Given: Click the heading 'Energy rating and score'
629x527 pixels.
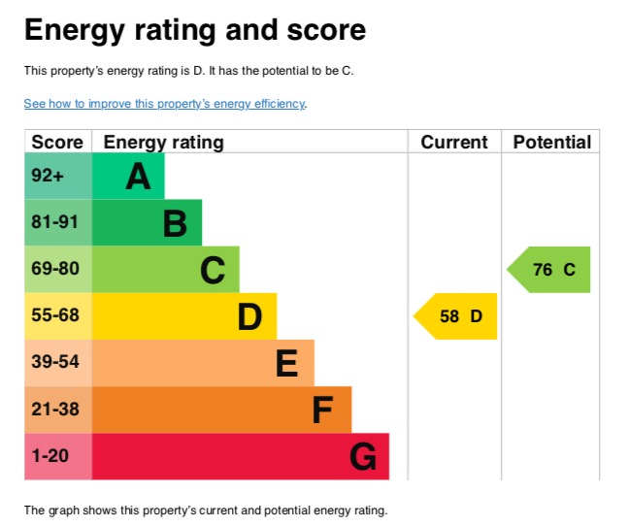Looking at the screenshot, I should [x=195, y=30].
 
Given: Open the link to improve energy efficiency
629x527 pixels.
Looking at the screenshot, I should [x=164, y=103].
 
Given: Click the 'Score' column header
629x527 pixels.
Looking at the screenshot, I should [x=57, y=142].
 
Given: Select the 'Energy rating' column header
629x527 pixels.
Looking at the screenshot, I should [x=163, y=142].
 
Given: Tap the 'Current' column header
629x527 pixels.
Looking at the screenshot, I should [x=453, y=142].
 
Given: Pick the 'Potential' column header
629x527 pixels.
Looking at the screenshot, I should [x=551, y=142].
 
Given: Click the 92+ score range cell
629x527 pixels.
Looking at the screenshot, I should [x=48, y=177].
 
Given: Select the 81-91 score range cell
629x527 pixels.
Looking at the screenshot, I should [x=54, y=222].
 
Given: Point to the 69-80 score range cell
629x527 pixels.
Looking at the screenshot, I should [x=54, y=269].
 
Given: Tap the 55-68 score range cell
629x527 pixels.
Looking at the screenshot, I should [x=54, y=315].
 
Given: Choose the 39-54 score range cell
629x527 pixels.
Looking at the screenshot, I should [x=54, y=362].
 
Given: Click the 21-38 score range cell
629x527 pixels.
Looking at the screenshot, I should [x=54, y=409].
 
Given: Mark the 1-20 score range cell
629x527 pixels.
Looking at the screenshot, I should [x=50, y=455].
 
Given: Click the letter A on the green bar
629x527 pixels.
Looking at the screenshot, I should [x=138, y=177].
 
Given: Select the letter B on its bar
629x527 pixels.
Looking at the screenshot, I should [x=175, y=223].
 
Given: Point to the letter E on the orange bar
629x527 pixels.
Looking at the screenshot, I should [x=286, y=363].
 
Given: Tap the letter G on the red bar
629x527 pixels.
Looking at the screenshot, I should [x=362, y=456].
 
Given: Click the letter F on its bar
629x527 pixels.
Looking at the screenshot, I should [x=323, y=410].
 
